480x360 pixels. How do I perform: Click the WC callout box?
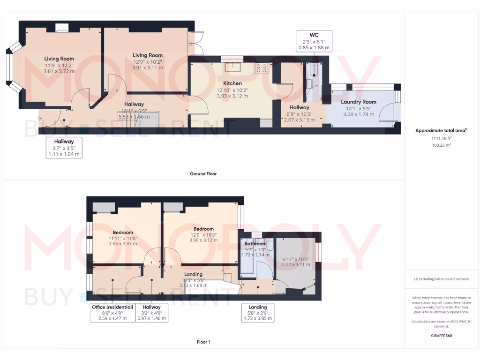pyautogui.click(x=314, y=41)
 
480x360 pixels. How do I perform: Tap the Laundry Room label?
pyautogui.click(x=359, y=102)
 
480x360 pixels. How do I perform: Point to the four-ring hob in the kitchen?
pyautogui.click(x=261, y=68)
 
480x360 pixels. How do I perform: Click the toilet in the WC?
pyautogui.click(x=313, y=71)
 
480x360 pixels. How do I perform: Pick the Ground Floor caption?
pyautogui.click(x=203, y=173)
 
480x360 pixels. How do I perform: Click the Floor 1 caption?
pyautogui.click(x=203, y=342)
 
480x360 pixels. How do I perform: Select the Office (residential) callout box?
pyautogui.click(x=112, y=313)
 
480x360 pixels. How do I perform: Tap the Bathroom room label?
pyautogui.click(x=255, y=243)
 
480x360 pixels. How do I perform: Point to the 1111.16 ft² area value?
pyautogui.click(x=442, y=139)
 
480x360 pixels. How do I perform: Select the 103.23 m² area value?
pyautogui.click(x=442, y=145)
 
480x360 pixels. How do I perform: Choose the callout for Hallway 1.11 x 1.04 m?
pyautogui.click(x=64, y=147)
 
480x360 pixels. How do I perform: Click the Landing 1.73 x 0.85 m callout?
pyautogui.click(x=258, y=313)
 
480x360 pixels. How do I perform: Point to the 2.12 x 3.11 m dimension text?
pyautogui.click(x=296, y=264)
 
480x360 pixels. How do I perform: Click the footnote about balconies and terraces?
pyautogui.click(x=442, y=279)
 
